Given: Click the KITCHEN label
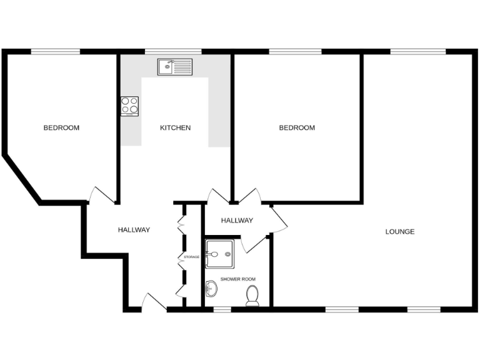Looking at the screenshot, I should click(175, 128).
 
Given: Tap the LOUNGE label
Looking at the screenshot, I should click(400, 232).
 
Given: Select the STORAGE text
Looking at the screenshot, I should click(191, 257).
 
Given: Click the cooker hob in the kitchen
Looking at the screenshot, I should click(129, 106).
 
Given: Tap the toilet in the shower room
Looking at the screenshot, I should click(252, 295).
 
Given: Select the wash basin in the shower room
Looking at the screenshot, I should click(211, 289).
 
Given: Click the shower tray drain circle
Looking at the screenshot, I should click(214, 254).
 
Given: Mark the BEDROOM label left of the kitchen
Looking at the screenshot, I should click(61, 128).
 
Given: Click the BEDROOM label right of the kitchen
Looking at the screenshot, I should click(297, 128).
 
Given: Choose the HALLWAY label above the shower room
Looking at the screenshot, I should click(237, 221).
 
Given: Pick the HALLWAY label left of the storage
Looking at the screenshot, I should click(134, 230).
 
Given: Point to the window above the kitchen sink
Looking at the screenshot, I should click(173, 51).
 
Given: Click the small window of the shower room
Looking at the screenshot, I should click(222, 308).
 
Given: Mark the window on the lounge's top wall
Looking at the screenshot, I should click(418, 51).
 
